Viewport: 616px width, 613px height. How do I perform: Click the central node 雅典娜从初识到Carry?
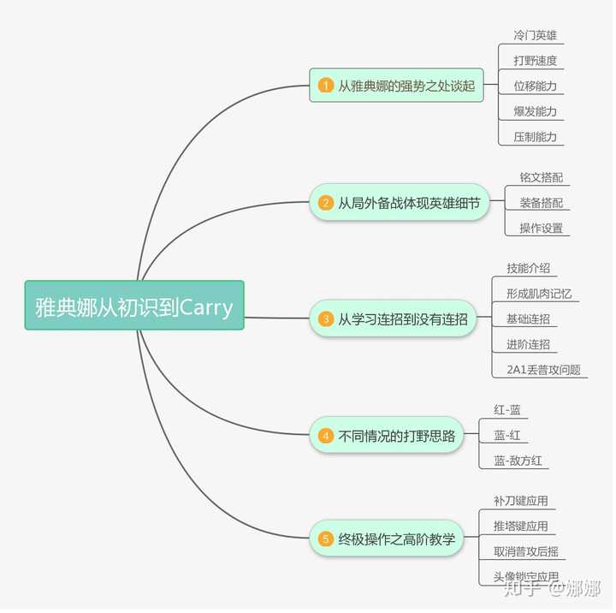134,306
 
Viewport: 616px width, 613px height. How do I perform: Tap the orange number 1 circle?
326,86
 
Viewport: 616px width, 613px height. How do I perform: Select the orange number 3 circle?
326,318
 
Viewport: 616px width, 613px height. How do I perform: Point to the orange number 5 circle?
326,539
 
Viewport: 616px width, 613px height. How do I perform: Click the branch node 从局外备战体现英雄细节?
400,203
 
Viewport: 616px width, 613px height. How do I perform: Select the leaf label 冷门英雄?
535,36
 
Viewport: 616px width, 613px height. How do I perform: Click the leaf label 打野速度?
535,61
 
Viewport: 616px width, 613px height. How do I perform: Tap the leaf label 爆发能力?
535,111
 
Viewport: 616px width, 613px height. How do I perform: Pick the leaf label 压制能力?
535,136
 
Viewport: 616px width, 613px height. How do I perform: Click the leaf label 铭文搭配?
541,177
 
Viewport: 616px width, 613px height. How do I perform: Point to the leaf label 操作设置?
541,228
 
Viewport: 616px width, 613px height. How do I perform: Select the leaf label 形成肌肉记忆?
539,294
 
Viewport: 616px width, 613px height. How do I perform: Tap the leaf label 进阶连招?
528,344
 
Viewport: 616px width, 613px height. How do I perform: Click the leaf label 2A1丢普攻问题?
543,370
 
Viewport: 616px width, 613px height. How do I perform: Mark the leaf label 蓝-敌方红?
518,461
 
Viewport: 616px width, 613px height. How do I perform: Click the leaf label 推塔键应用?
520,526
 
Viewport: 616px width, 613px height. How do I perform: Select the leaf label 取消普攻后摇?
526,551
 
